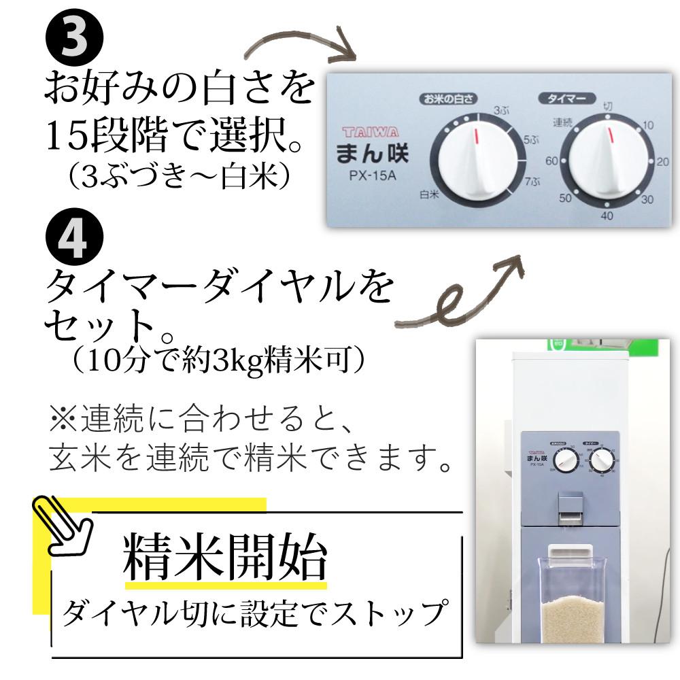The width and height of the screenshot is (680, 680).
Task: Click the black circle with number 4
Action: [74, 239]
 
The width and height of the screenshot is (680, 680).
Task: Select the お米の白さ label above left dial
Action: [447, 99]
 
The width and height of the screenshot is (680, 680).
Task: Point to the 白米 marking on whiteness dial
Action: [428, 194]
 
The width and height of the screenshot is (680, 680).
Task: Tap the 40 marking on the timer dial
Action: [607, 216]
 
